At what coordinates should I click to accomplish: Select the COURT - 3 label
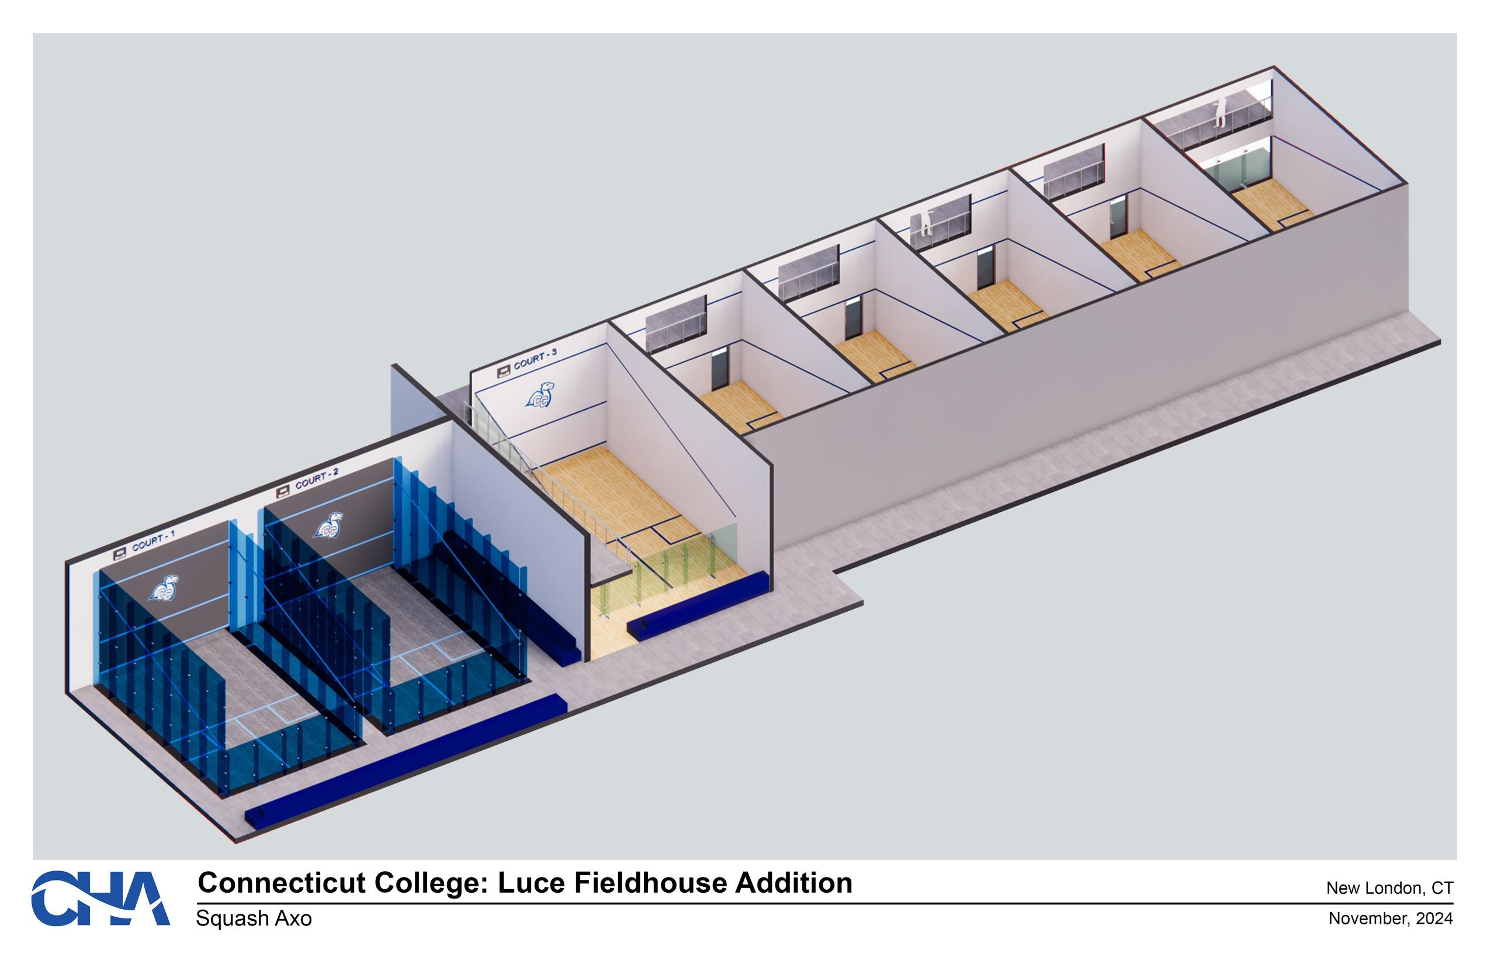tap(535, 359)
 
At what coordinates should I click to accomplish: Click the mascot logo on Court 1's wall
tap(164, 588)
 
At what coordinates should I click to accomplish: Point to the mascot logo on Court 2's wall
tap(328, 525)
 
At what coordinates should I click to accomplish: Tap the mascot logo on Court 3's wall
tap(540, 395)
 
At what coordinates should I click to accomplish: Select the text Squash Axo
tap(254, 918)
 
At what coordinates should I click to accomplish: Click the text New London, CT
tap(1389, 887)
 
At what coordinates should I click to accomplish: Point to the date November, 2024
tap(1391, 918)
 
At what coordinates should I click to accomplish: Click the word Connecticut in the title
tap(281, 883)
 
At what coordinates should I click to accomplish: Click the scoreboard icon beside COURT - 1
tap(120, 554)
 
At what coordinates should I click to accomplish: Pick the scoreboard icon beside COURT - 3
tap(503, 373)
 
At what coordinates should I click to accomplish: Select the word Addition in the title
tap(793, 883)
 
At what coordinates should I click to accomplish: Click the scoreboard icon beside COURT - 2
tap(282, 491)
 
